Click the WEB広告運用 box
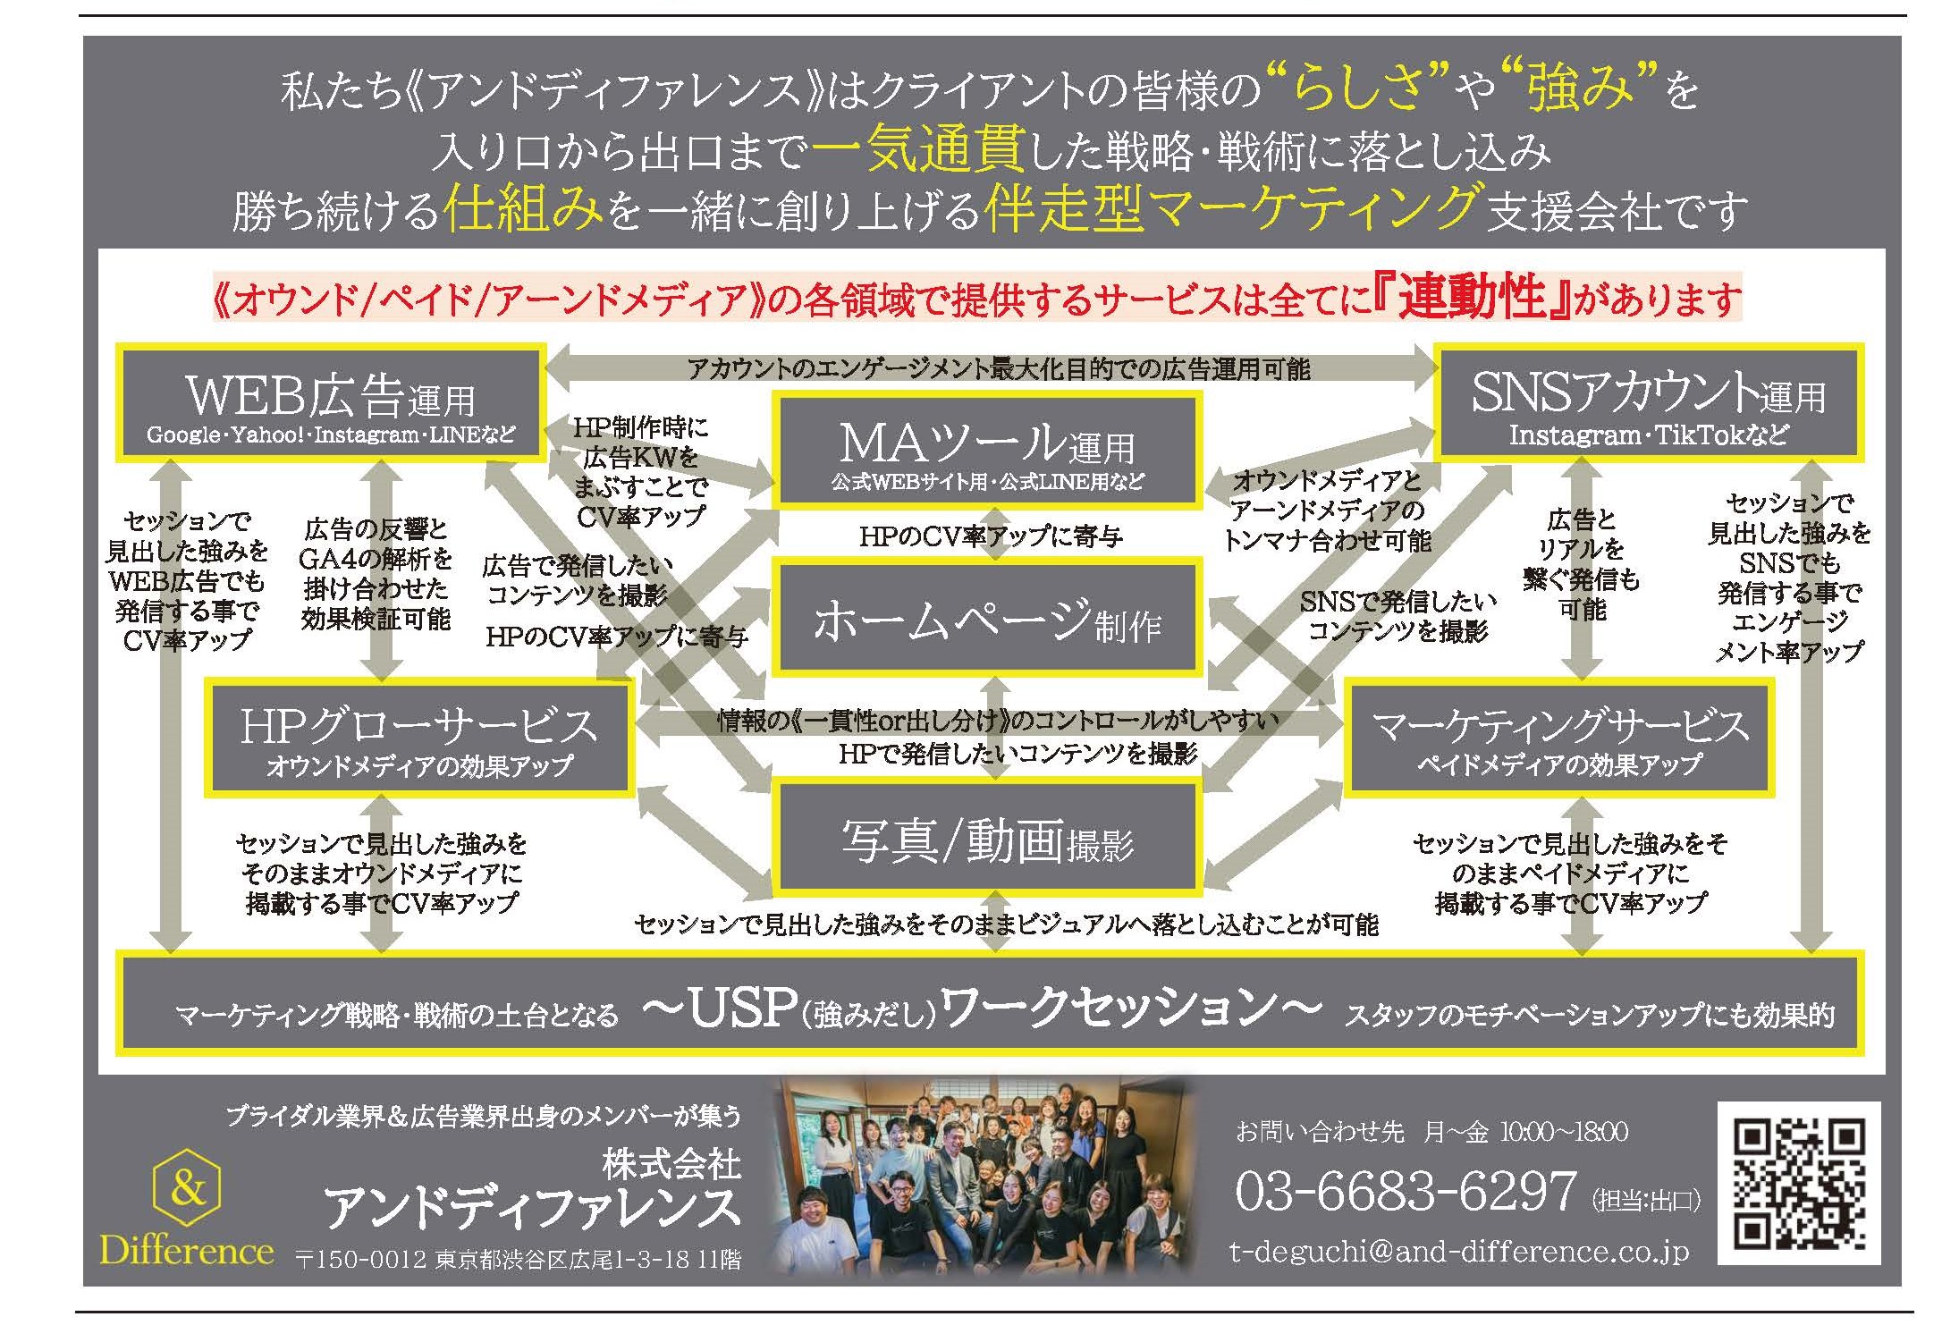click(330, 403)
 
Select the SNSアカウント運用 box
click(1648, 403)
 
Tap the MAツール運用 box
click(987, 452)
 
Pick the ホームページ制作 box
click(987, 618)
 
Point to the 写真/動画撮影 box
click(987, 838)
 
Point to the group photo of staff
click(984, 1179)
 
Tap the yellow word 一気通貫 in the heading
click(917, 148)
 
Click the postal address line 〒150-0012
click(518, 1260)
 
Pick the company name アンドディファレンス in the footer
click(532, 1209)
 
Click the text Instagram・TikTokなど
click(1648, 435)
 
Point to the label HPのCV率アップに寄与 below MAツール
click(990, 536)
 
